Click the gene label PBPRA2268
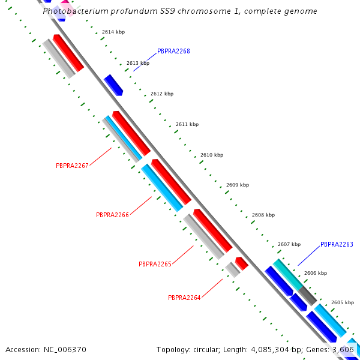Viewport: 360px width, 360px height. click(173, 52)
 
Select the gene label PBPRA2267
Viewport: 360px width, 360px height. click(72, 166)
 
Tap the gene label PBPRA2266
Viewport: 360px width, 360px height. click(113, 215)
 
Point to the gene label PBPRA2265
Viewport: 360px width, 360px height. click(155, 264)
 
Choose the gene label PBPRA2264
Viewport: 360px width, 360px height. click(184, 298)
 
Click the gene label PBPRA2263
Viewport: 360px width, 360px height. click(337, 245)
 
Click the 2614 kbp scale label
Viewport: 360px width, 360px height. click(113, 32)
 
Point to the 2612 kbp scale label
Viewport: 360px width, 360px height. click(162, 94)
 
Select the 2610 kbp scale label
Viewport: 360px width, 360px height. click(211, 155)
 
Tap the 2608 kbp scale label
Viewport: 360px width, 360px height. click(263, 215)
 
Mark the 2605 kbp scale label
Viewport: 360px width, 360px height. click(343, 302)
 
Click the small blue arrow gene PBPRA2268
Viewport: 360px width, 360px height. click(113, 85)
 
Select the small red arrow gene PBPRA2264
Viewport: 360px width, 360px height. click(242, 263)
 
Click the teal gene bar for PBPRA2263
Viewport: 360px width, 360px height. click(288, 275)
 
